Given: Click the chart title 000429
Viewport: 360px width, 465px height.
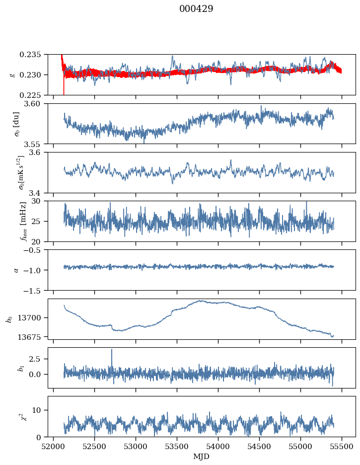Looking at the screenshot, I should coord(196,9).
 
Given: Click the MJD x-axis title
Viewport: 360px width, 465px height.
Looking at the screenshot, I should coord(202,456).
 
